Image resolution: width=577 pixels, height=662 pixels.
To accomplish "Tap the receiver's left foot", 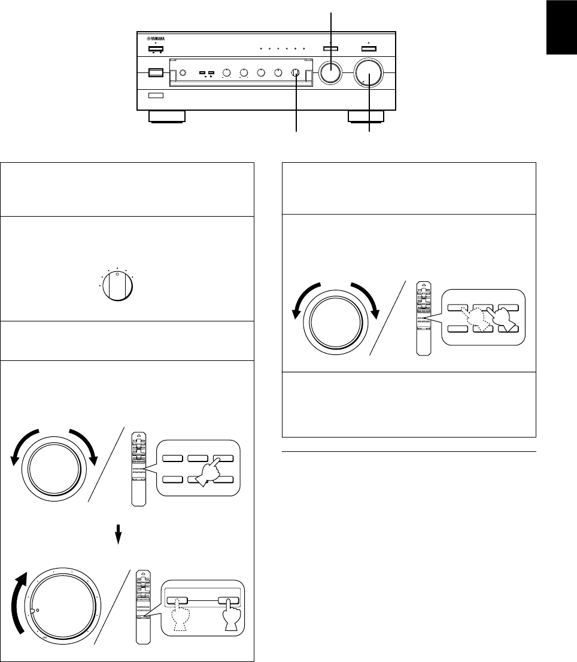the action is click(168, 116).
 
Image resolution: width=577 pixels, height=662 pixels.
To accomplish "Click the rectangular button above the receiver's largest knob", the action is click(368, 50).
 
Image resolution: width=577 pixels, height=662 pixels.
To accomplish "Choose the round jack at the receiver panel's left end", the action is click(183, 74).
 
